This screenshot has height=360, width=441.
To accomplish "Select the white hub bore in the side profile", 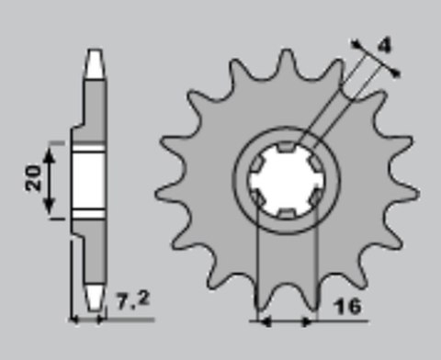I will point(85,182).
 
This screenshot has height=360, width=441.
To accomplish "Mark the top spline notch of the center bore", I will point(287,147).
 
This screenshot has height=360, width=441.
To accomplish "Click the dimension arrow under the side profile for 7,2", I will point(89,320).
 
